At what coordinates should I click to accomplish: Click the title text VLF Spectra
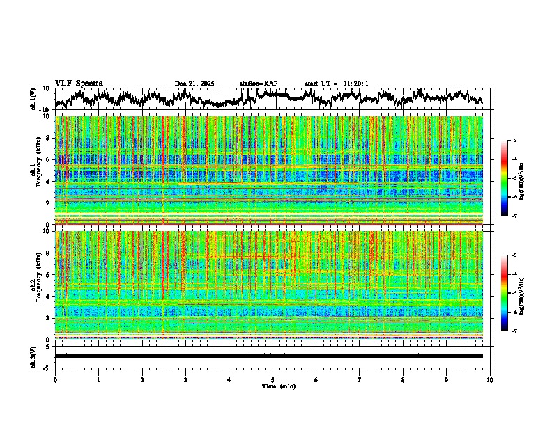[79, 84]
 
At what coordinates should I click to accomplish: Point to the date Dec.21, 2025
[194, 84]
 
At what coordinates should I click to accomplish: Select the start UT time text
[336, 84]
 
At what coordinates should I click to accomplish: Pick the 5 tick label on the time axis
[273, 379]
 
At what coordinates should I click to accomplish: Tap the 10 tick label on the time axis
[490, 379]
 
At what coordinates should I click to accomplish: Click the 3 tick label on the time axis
[185, 379]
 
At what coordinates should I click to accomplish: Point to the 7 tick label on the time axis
[360, 379]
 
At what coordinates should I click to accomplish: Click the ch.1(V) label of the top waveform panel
[33, 99]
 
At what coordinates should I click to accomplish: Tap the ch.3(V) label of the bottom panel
[33, 355]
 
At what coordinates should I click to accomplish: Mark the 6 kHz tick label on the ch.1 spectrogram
[48, 160]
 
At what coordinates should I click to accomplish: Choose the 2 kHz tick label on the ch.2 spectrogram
[48, 318]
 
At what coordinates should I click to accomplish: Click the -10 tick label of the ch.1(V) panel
[45, 110]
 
